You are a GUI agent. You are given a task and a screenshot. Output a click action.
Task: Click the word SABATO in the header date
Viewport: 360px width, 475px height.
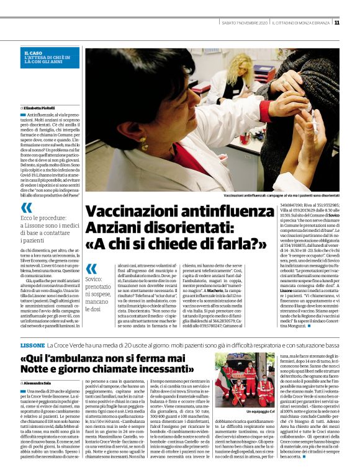pyautogui.click(x=219, y=23)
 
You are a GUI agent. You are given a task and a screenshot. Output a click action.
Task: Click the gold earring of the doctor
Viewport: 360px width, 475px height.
pyautogui.click(x=145, y=146)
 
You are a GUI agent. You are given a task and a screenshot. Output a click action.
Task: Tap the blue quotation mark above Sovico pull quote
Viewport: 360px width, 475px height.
pyautogui.click(x=91, y=268)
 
